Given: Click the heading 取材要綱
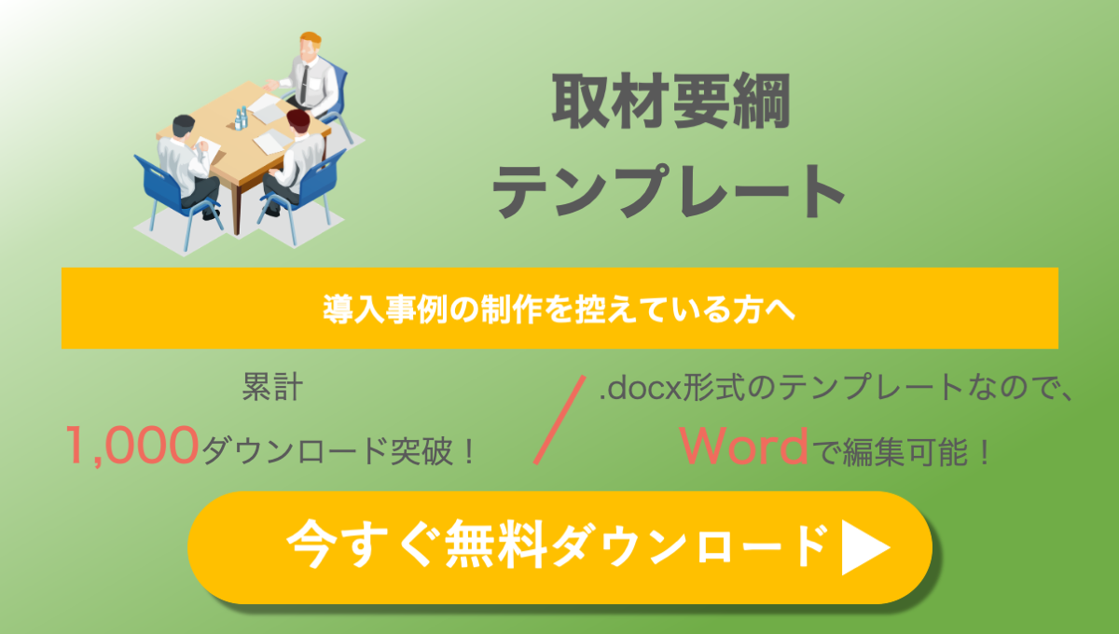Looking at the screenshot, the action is [670, 102].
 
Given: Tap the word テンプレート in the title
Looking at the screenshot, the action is [669, 191].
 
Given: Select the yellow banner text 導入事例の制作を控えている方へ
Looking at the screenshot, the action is [559, 310].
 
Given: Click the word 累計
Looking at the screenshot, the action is [272, 387].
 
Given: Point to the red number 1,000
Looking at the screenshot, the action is [132, 446].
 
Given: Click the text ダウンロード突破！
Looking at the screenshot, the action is [338, 450].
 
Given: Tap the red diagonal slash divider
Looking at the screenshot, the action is [559, 420].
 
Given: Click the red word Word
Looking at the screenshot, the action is [744, 447].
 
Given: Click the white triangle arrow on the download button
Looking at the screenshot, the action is [865, 547].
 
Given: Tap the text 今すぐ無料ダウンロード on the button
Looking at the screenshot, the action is [556, 544].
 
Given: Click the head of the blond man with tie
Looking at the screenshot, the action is [311, 47].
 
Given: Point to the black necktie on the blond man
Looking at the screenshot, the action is [304, 84].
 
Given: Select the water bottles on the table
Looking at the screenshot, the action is [241, 119].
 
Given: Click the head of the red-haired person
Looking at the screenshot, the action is [298, 121].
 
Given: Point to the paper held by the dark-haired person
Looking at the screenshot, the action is [210, 149].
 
